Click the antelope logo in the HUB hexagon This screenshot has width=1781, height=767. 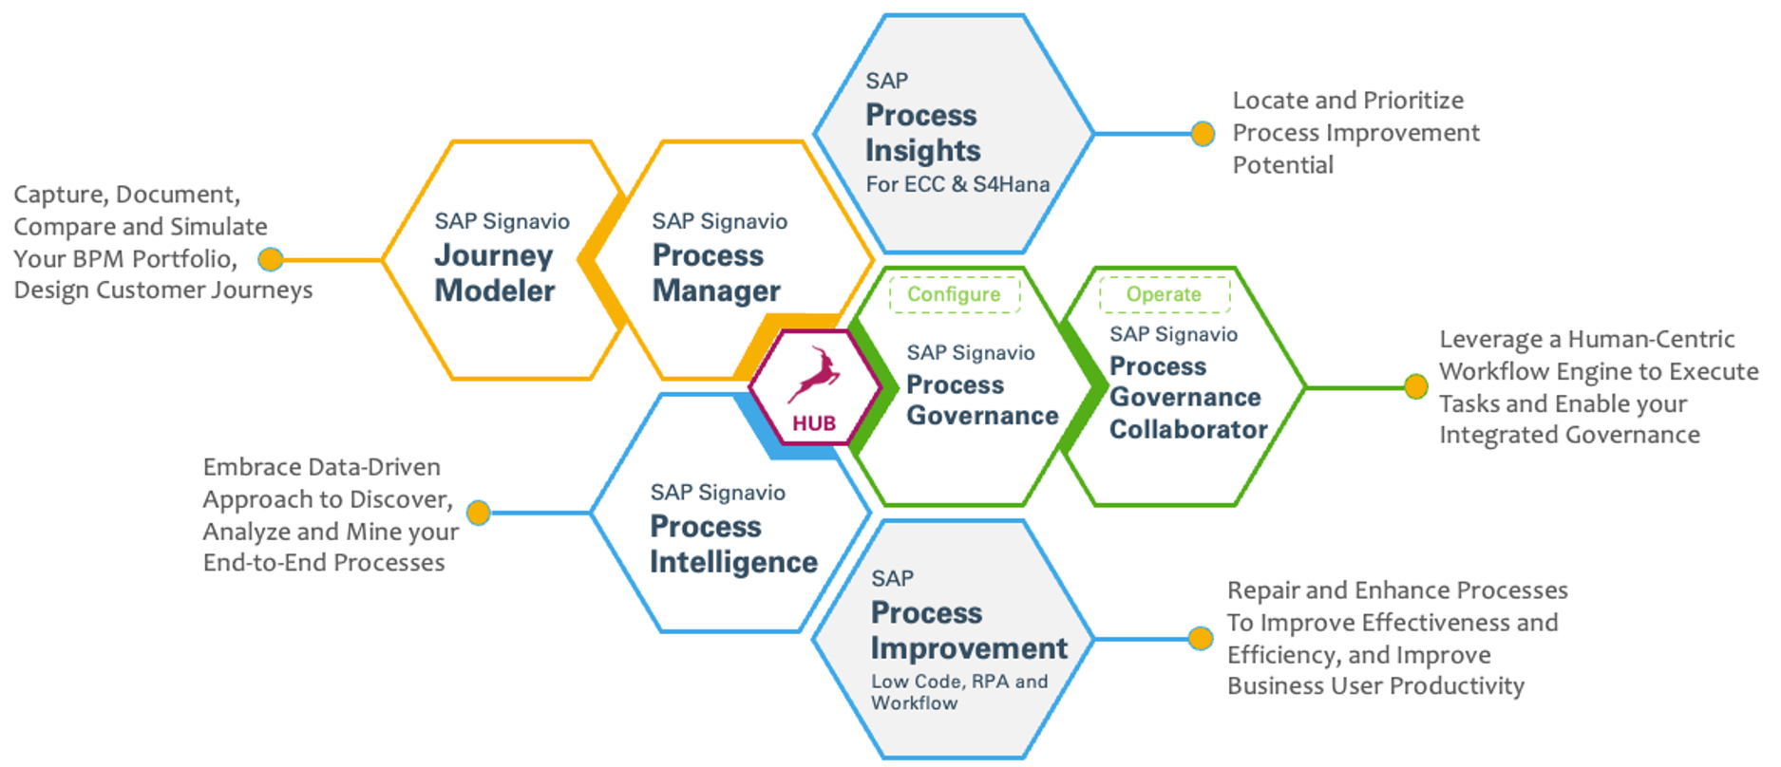[814, 376]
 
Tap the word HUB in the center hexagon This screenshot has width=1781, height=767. [814, 423]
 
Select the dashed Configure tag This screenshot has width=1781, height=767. [954, 294]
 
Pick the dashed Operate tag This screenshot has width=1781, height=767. [1164, 294]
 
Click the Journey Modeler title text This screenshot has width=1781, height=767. [494, 273]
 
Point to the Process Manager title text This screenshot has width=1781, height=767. [715, 273]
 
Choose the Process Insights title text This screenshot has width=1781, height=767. [922, 133]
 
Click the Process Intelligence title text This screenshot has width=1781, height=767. [732, 545]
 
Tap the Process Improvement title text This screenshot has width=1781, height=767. [968, 630]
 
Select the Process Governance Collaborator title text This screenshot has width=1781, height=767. [1187, 398]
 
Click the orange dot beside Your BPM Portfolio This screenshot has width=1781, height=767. [271, 259]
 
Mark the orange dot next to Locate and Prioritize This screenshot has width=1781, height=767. [1203, 134]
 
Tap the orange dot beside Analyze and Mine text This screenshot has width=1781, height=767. [479, 513]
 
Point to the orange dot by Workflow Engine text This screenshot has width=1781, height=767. [1415, 387]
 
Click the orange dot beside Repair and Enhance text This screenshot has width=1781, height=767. [1201, 638]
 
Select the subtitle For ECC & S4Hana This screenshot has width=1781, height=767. [957, 184]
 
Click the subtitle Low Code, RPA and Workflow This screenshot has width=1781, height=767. [958, 692]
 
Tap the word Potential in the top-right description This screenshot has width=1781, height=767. [1282, 165]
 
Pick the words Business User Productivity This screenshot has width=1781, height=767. [1374, 686]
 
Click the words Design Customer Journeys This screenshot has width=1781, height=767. [162, 290]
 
